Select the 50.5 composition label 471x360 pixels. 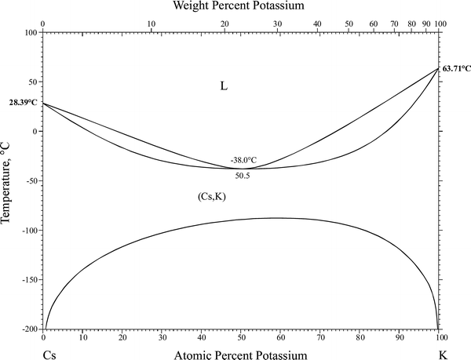pyautogui.click(x=243, y=176)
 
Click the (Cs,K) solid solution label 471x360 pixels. pyautogui.click(x=212, y=197)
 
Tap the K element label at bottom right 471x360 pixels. pyautogui.click(x=443, y=355)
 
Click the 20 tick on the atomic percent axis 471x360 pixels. pyautogui.click(x=122, y=339)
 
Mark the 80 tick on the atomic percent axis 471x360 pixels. pyautogui.click(x=360, y=339)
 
